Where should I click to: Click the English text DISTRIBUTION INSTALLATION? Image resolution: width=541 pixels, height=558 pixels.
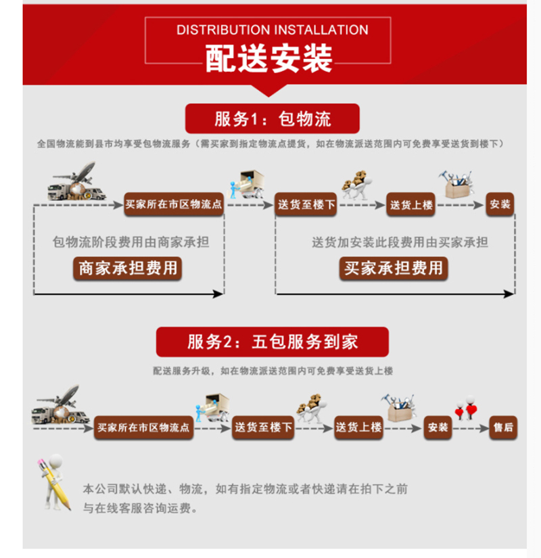pyautogui.click(x=272, y=30)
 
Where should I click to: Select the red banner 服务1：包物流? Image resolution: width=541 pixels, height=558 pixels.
pyautogui.click(x=273, y=120)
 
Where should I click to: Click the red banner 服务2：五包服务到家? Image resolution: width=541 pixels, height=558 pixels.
pyautogui.click(x=273, y=342)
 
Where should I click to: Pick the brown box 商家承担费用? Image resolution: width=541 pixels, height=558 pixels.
pyautogui.click(x=128, y=268)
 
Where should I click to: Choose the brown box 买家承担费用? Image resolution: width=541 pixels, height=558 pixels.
pyautogui.click(x=394, y=268)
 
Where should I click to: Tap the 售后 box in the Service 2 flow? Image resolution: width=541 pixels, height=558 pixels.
pyautogui.click(x=503, y=427)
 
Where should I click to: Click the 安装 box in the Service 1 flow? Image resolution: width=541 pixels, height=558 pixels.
pyautogui.click(x=500, y=204)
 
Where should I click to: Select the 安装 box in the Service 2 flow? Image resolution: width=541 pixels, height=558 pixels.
pyautogui.click(x=438, y=427)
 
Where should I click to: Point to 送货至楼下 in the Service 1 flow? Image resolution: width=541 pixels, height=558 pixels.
pyautogui.click(x=306, y=204)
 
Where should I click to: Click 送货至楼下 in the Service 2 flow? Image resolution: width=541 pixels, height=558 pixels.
pyautogui.click(x=264, y=427)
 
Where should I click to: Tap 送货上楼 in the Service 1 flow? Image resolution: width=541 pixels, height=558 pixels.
pyautogui.click(x=410, y=204)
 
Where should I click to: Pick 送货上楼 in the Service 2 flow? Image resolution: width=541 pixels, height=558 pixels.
pyautogui.click(x=358, y=427)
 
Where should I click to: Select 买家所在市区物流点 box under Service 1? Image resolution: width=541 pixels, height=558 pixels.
pyautogui.click(x=174, y=204)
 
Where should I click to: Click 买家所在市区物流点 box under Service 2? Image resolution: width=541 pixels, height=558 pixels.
pyautogui.click(x=145, y=427)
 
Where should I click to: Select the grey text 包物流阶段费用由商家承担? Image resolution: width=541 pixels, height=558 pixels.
pyautogui.click(x=131, y=241)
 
